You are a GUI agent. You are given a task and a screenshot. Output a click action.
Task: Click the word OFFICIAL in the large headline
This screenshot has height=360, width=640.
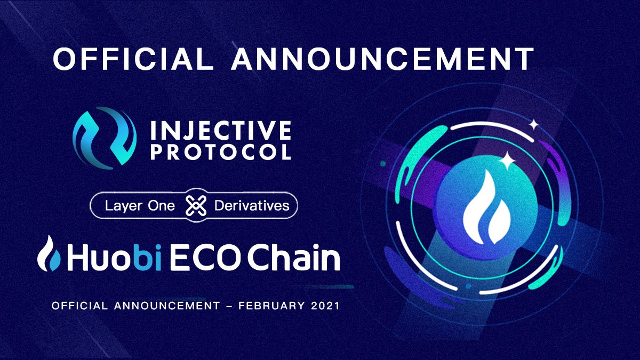(x=133, y=59)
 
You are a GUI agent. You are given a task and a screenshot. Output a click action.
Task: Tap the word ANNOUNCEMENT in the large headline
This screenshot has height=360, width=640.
(x=382, y=59)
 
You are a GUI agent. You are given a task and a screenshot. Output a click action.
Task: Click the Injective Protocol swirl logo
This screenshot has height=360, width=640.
(x=105, y=138)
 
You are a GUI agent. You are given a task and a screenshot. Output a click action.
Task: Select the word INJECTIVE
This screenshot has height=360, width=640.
(x=221, y=130)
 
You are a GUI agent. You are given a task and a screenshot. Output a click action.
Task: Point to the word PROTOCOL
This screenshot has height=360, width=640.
(x=221, y=151)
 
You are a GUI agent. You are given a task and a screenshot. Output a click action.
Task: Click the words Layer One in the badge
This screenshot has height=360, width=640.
(x=140, y=206)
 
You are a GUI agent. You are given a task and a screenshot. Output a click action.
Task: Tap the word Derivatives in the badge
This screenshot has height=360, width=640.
(x=252, y=205)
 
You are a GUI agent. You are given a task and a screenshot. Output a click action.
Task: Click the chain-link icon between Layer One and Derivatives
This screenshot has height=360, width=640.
(x=196, y=205)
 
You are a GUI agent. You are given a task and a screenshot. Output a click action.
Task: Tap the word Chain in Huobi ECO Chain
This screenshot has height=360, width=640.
(x=293, y=257)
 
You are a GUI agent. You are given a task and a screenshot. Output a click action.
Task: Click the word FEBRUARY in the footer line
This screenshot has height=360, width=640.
(x=271, y=306)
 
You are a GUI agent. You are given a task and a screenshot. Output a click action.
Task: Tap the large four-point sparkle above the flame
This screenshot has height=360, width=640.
(x=507, y=161)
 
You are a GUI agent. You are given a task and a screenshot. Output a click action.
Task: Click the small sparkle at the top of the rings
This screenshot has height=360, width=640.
(x=533, y=125)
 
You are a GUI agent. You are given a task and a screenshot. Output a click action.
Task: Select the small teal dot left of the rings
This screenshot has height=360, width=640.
(x=383, y=164)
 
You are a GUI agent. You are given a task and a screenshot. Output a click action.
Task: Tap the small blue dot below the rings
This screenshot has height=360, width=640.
(x=468, y=286)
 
